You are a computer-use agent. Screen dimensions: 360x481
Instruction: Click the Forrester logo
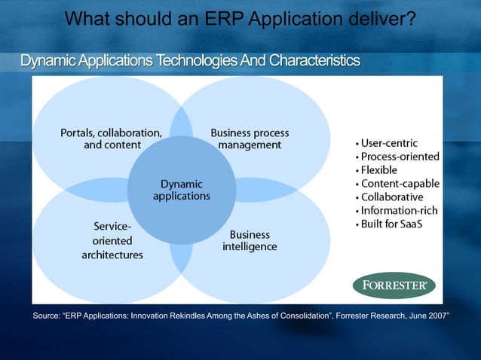click(x=394, y=285)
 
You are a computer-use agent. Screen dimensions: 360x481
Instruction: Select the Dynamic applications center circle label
click(x=182, y=189)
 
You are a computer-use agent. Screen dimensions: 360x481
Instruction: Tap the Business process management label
click(x=250, y=139)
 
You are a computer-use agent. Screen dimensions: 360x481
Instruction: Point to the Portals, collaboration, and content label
click(x=112, y=139)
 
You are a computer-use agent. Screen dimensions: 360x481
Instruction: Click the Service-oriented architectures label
click(x=112, y=240)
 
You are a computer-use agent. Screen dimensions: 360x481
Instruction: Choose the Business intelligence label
click(x=250, y=240)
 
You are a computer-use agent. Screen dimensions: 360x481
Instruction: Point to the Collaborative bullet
click(x=391, y=197)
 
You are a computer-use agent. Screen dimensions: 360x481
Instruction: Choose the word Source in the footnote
click(x=47, y=315)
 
